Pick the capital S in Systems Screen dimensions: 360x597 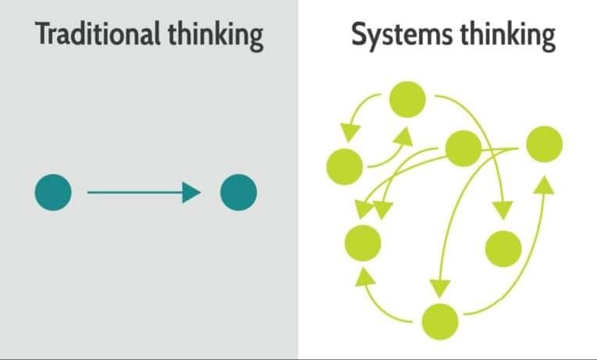tap(358, 35)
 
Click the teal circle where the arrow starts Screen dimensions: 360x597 tap(53, 192)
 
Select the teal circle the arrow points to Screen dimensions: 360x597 tap(238, 192)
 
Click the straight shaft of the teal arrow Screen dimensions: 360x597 tap(133, 192)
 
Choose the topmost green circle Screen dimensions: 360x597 tap(407, 99)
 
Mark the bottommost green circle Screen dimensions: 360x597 tap(439, 320)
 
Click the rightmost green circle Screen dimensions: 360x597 tap(544, 144)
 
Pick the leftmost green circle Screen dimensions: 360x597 tap(344, 165)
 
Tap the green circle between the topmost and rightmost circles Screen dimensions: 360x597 tap(462, 148)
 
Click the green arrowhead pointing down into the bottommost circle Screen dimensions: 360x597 tap(441, 289)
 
